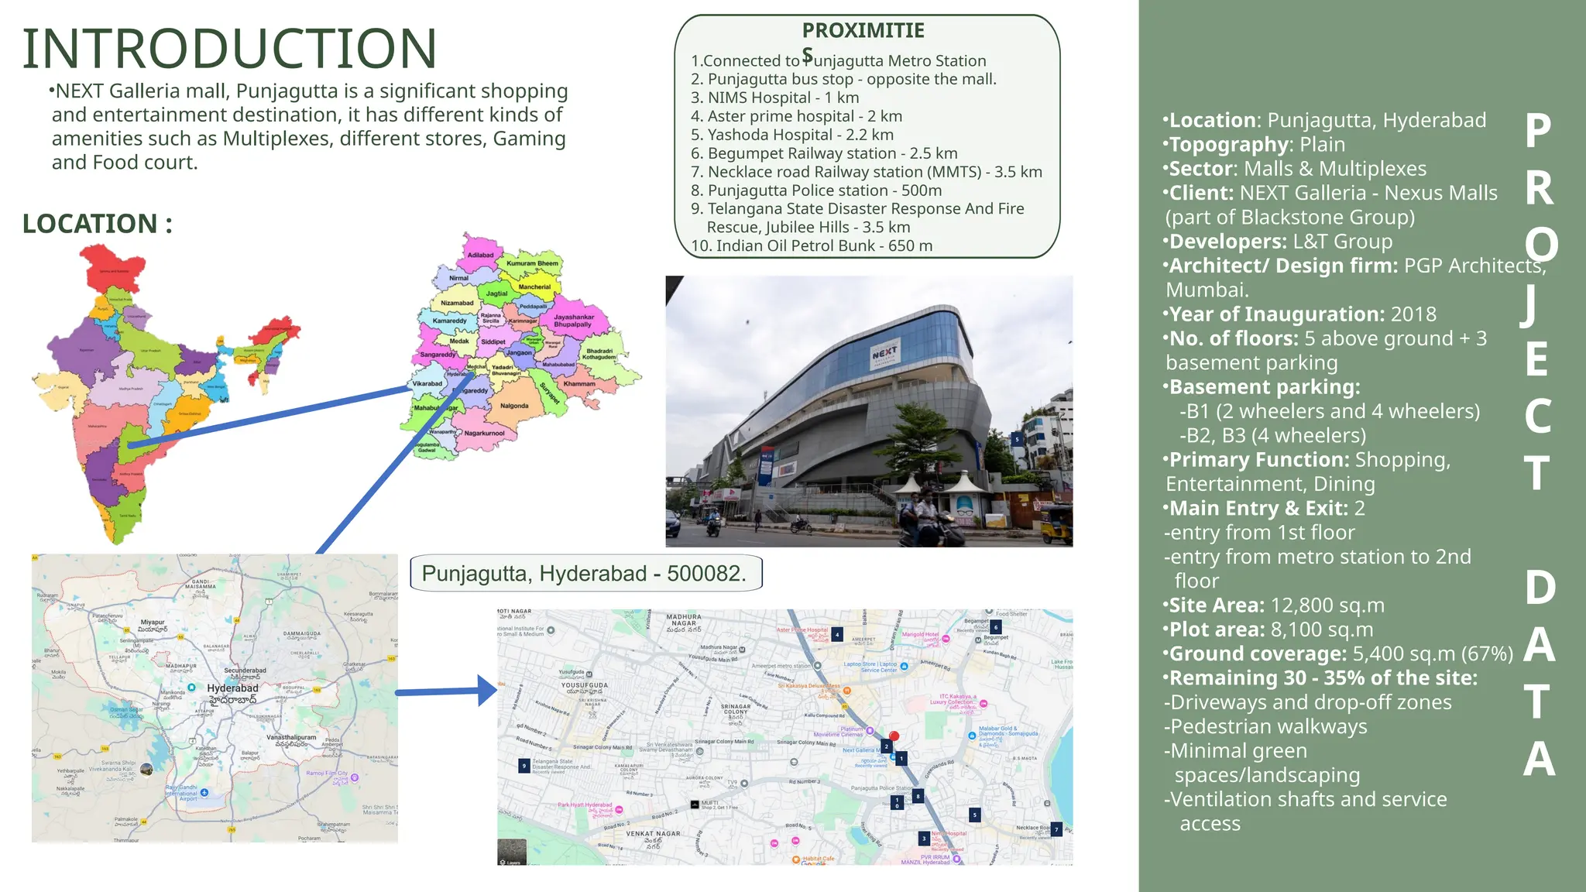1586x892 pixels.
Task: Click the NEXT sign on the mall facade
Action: [884, 353]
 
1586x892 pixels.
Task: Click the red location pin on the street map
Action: [894, 737]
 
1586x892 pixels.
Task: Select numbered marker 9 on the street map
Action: [524, 766]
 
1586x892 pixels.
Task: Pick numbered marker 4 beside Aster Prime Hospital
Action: [837, 634]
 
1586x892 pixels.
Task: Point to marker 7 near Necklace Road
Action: [1056, 829]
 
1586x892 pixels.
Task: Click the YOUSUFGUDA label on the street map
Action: [584, 685]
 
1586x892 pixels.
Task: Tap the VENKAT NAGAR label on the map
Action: [653, 834]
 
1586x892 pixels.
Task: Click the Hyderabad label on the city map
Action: [232, 688]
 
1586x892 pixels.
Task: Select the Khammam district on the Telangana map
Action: [579, 384]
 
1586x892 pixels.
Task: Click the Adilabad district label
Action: [480, 255]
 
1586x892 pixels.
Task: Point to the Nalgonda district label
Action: [514, 406]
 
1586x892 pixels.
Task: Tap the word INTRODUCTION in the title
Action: [230, 49]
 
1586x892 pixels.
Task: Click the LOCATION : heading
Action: [97, 224]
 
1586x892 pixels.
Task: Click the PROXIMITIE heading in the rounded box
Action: [863, 31]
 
